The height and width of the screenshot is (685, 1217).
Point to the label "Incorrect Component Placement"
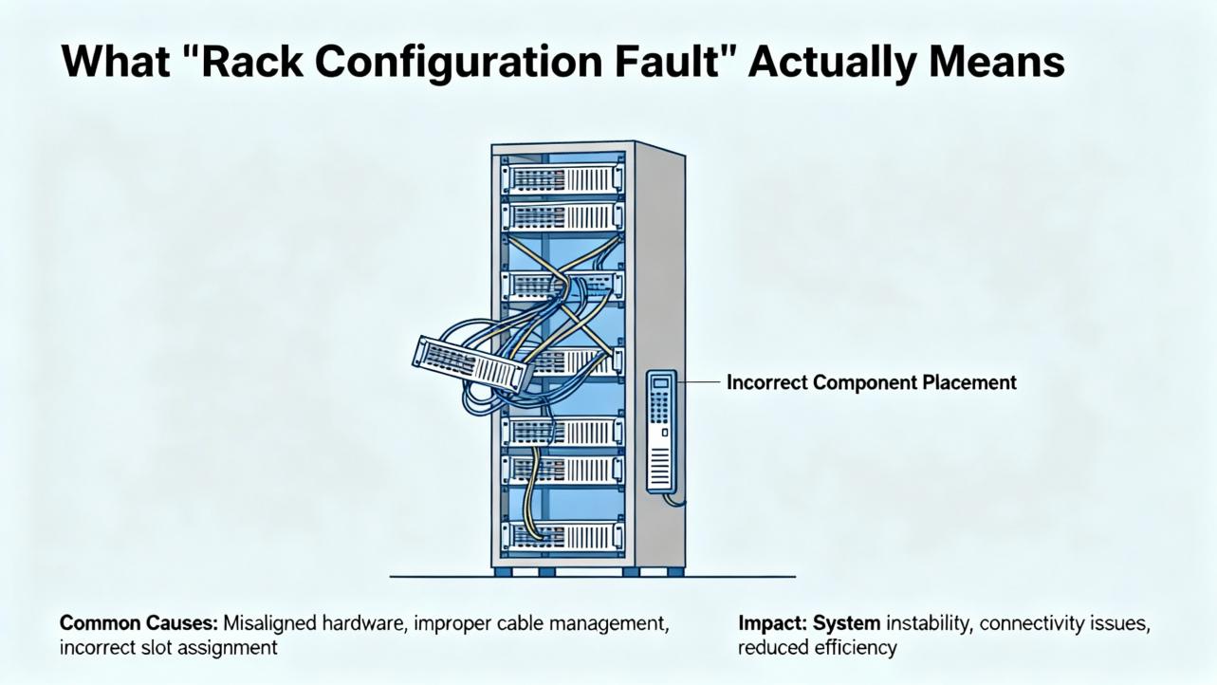(x=871, y=382)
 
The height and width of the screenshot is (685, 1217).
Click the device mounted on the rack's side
(x=661, y=432)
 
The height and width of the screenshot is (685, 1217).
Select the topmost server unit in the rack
(x=562, y=177)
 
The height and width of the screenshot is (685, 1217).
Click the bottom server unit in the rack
(x=562, y=537)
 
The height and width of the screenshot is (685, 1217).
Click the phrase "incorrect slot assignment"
(x=169, y=648)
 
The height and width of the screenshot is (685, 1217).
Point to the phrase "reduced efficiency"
(x=817, y=648)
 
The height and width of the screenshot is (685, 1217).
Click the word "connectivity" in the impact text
(x=1031, y=624)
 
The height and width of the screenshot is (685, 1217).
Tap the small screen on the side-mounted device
(x=660, y=383)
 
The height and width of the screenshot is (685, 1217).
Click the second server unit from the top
(x=562, y=215)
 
